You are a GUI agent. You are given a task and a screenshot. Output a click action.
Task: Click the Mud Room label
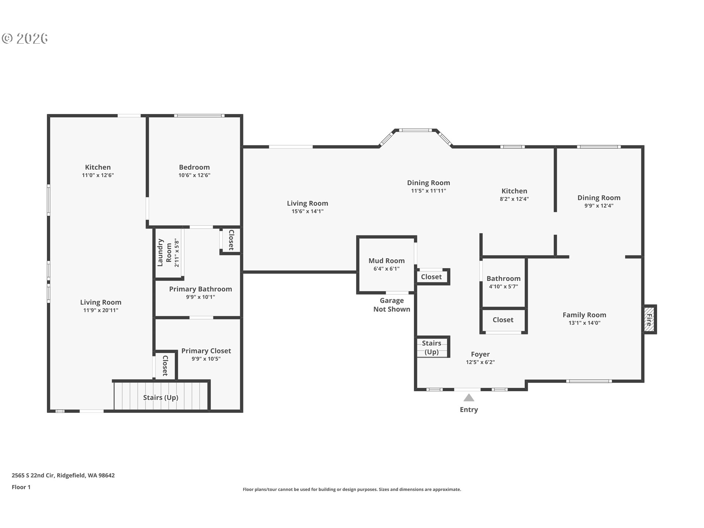point(386,261)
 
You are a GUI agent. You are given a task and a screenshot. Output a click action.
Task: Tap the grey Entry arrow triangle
point(469,398)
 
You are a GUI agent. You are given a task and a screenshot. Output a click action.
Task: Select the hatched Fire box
point(649,319)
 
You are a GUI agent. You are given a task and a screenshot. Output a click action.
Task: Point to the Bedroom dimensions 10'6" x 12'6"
point(194,175)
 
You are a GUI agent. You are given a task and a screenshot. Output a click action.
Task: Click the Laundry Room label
point(164,253)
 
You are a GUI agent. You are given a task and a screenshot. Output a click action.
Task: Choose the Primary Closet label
point(206,351)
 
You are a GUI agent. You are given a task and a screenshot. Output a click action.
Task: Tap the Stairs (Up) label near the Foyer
point(432,348)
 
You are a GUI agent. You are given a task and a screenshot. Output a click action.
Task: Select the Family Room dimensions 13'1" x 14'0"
point(584,323)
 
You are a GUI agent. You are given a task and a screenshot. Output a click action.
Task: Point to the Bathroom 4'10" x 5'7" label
point(503,282)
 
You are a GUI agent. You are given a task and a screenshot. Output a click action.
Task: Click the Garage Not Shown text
point(392,305)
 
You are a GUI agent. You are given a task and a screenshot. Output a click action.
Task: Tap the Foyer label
point(480,354)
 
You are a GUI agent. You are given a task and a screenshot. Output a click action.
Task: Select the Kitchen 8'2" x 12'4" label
point(514,194)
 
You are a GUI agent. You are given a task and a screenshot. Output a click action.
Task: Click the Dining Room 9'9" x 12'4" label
point(599,201)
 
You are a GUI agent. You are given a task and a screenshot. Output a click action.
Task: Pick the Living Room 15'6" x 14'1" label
point(307,207)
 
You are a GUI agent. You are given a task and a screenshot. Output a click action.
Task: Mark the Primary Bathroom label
point(201,289)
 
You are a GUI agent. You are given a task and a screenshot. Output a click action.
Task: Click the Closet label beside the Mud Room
point(431,277)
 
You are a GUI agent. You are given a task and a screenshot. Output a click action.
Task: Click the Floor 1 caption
point(21,487)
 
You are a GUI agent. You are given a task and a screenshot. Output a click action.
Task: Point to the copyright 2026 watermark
point(25,38)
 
